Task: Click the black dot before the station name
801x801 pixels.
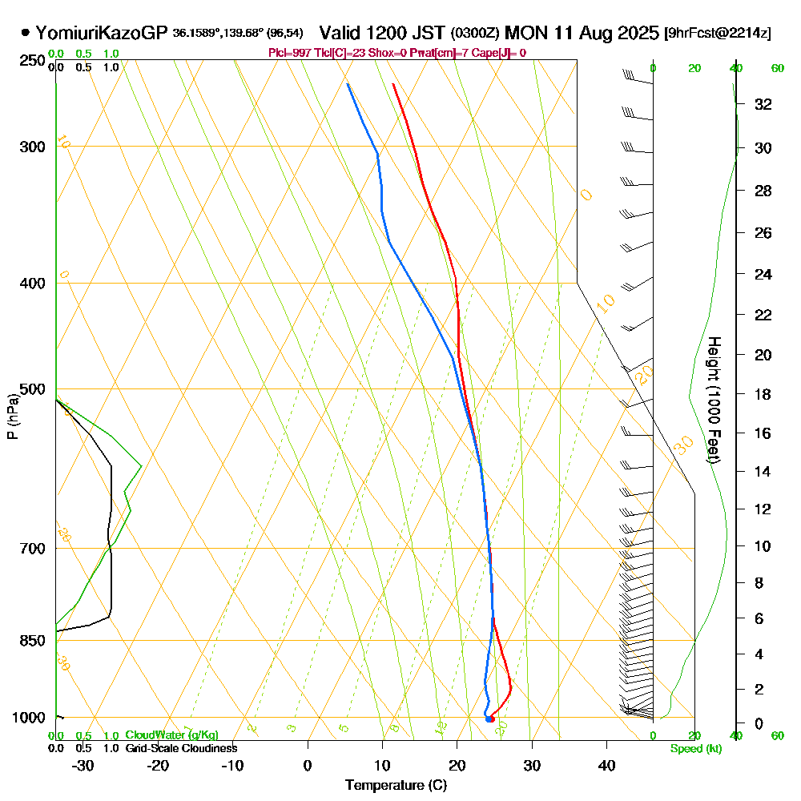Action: click(x=26, y=33)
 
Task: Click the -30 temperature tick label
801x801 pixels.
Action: click(x=83, y=766)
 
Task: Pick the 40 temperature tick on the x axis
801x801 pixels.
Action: click(x=606, y=766)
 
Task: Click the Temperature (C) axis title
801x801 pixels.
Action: click(x=396, y=786)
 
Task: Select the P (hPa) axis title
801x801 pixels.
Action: click(x=12, y=416)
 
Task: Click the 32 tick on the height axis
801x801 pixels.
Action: click(x=763, y=104)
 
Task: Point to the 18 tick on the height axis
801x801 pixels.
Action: click(x=763, y=394)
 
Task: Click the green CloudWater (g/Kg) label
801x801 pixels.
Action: click(x=171, y=735)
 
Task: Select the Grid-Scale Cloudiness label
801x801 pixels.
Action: click(x=180, y=748)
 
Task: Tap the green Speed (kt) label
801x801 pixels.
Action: click(x=694, y=749)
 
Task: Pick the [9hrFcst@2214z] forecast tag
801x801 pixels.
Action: click(x=717, y=34)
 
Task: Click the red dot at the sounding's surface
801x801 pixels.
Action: click(x=490, y=718)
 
